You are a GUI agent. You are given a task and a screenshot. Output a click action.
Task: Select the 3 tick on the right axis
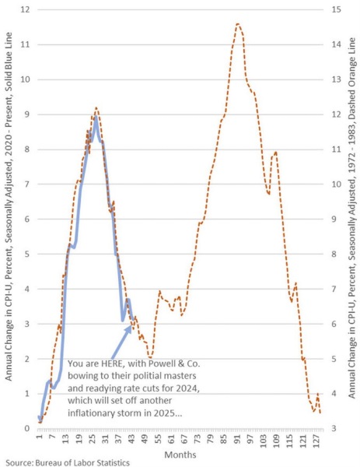coord(333,429)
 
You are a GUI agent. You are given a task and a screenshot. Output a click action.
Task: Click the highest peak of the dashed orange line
coord(238,24)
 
